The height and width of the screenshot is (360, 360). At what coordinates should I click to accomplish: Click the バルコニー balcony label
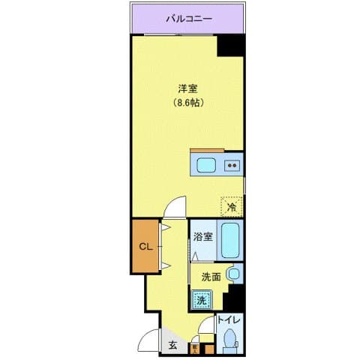point(188,17)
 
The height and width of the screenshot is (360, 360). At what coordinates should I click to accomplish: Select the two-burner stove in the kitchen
point(233,166)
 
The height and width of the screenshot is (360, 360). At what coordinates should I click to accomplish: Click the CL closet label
point(146,245)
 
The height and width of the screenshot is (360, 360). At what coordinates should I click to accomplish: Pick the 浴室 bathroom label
point(202,237)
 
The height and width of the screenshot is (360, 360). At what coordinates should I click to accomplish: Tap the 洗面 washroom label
point(210,277)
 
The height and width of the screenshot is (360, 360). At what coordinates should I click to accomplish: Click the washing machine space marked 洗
point(201,301)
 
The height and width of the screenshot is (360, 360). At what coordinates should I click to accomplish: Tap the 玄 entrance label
point(172,344)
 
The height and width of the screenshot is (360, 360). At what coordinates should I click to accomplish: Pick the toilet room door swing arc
point(206,326)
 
